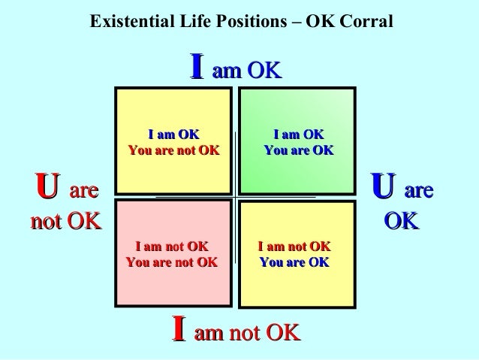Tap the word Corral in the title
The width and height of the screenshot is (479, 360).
click(x=367, y=23)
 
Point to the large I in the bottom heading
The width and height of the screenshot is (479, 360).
click(x=179, y=329)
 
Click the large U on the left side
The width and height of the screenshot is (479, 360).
click(x=47, y=187)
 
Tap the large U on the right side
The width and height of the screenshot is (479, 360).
click(x=384, y=187)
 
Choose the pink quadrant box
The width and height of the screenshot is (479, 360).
click(x=173, y=252)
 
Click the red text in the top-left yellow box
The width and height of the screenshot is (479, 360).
click(x=173, y=150)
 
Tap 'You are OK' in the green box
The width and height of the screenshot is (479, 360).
click(x=298, y=150)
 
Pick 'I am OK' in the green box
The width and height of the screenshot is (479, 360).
click(x=298, y=135)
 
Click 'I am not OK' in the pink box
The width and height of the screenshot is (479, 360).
click(x=171, y=247)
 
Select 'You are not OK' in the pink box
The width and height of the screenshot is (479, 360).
click(x=171, y=262)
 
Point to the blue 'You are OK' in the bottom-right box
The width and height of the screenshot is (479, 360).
click(x=294, y=262)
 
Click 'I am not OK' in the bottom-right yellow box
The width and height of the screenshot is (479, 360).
click(x=294, y=247)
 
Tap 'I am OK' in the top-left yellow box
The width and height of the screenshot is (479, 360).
click(x=173, y=135)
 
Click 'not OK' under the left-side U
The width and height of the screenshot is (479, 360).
click(x=65, y=222)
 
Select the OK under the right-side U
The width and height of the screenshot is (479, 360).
click(x=401, y=222)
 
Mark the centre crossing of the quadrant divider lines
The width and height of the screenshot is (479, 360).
click(x=236, y=197)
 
